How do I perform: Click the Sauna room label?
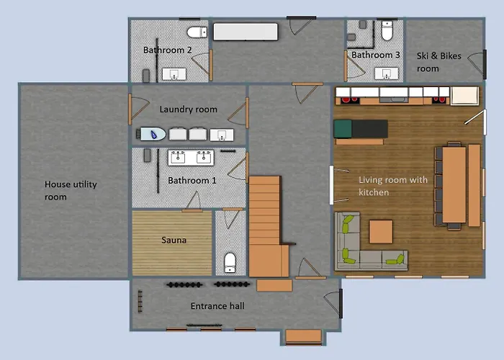[174, 240]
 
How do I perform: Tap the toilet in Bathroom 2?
[197, 32]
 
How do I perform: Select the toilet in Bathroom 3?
[387, 30]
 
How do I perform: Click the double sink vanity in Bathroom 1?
[191, 158]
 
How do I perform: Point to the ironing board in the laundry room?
[153, 134]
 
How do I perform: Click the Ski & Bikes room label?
[438, 62]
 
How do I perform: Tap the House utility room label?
[71, 190]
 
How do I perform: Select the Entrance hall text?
[217, 306]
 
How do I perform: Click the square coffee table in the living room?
[381, 231]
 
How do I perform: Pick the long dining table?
[454, 185]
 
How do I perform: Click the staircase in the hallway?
[269, 226]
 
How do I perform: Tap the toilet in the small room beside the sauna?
[230, 262]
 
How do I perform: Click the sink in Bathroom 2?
[174, 74]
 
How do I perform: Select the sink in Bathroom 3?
[387, 73]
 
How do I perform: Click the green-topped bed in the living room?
[361, 129]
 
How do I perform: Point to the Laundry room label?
[189, 109]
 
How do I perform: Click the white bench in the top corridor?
[246, 32]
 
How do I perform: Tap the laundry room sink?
[222, 135]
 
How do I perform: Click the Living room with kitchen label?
[393, 186]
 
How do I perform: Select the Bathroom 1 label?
[192, 181]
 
